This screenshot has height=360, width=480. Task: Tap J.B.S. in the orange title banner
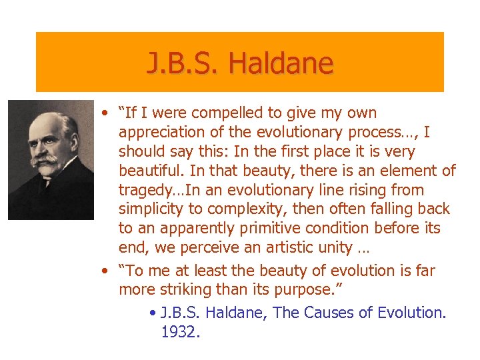[184, 64]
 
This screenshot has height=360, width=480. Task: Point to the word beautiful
[151, 171]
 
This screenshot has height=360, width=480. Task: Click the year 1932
[180, 331]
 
